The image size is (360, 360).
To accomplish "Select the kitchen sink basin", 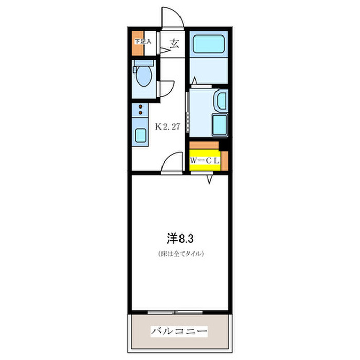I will click(x=140, y=135).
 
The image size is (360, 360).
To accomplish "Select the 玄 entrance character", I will click(x=174, y=44).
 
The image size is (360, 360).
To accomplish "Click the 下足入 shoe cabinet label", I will click(x=142, y=41).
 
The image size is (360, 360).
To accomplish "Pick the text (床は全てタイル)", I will click(x=181, y=254).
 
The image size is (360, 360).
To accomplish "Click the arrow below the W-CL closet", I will click(x=210, y=179).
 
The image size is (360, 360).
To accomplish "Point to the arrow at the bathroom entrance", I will click(x=194, y=81).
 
